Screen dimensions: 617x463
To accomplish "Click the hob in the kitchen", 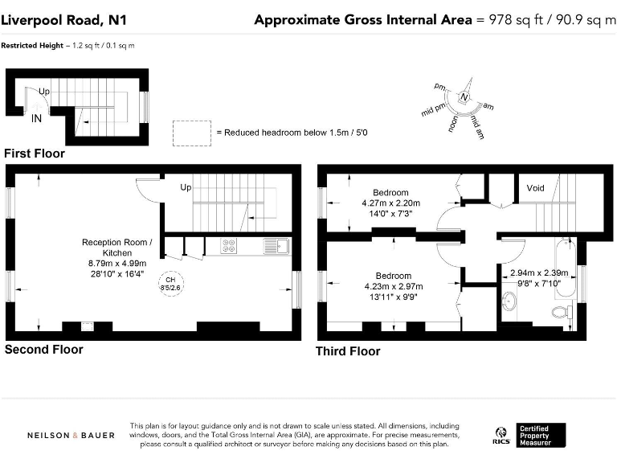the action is [229, 246].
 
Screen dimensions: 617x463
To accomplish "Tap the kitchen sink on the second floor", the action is [276, 246].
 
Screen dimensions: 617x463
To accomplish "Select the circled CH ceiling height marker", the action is [171, 284].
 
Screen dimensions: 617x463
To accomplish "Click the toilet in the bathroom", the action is [562, 312].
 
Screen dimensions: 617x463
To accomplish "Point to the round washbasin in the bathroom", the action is [509, 301].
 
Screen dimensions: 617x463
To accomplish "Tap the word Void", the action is [535, 188].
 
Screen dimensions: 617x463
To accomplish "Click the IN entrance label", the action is [36, 118].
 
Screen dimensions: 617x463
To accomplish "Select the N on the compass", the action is [464, 96].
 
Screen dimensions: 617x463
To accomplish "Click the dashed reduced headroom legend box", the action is [192, 133].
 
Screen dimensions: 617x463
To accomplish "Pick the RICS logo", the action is [501, 436].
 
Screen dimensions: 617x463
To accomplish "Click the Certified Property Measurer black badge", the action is [541, 435].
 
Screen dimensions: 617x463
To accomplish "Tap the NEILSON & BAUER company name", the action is [71, 436].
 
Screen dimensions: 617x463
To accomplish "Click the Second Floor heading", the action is [43, 349].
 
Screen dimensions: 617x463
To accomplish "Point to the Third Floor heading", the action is [348, 351].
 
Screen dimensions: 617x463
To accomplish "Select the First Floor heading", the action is [35, 154].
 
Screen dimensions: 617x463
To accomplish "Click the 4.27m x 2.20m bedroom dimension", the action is [390, 203].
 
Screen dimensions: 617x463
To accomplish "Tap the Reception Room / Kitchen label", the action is [117, 248].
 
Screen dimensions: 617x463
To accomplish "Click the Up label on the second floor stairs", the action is [186, 187].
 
